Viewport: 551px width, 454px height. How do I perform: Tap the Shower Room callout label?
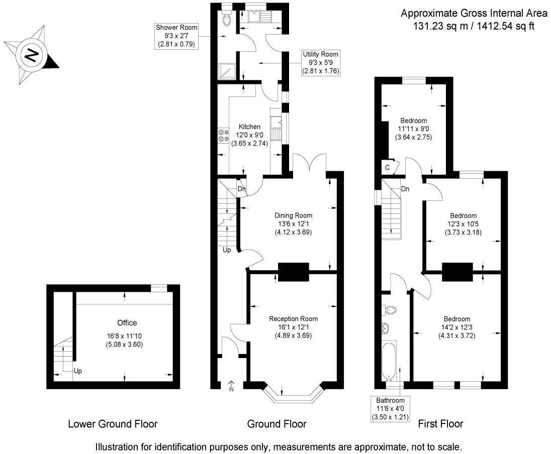(x=176, y=36)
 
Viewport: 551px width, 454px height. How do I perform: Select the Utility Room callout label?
(x=320, y=63)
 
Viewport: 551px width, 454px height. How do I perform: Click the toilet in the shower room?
(x=227, y=19)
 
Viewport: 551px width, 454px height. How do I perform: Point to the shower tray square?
(x=227, y=71)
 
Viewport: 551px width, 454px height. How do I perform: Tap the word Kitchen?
(x=249, y=127)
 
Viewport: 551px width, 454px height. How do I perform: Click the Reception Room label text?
(x=293, y=318)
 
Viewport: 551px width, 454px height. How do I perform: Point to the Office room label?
(x=127, y=323)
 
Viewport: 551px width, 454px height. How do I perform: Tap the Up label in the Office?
(x=77, y=371)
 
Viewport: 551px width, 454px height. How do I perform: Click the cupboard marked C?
(x=388, y=167)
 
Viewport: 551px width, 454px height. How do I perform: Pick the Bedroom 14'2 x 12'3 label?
(x=456, y=319)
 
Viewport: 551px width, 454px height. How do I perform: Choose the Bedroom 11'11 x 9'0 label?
(x=413, y=121)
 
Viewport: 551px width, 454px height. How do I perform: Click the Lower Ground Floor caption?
(x=113, y=424)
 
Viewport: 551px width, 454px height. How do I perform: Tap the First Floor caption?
(x=440, y=424)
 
